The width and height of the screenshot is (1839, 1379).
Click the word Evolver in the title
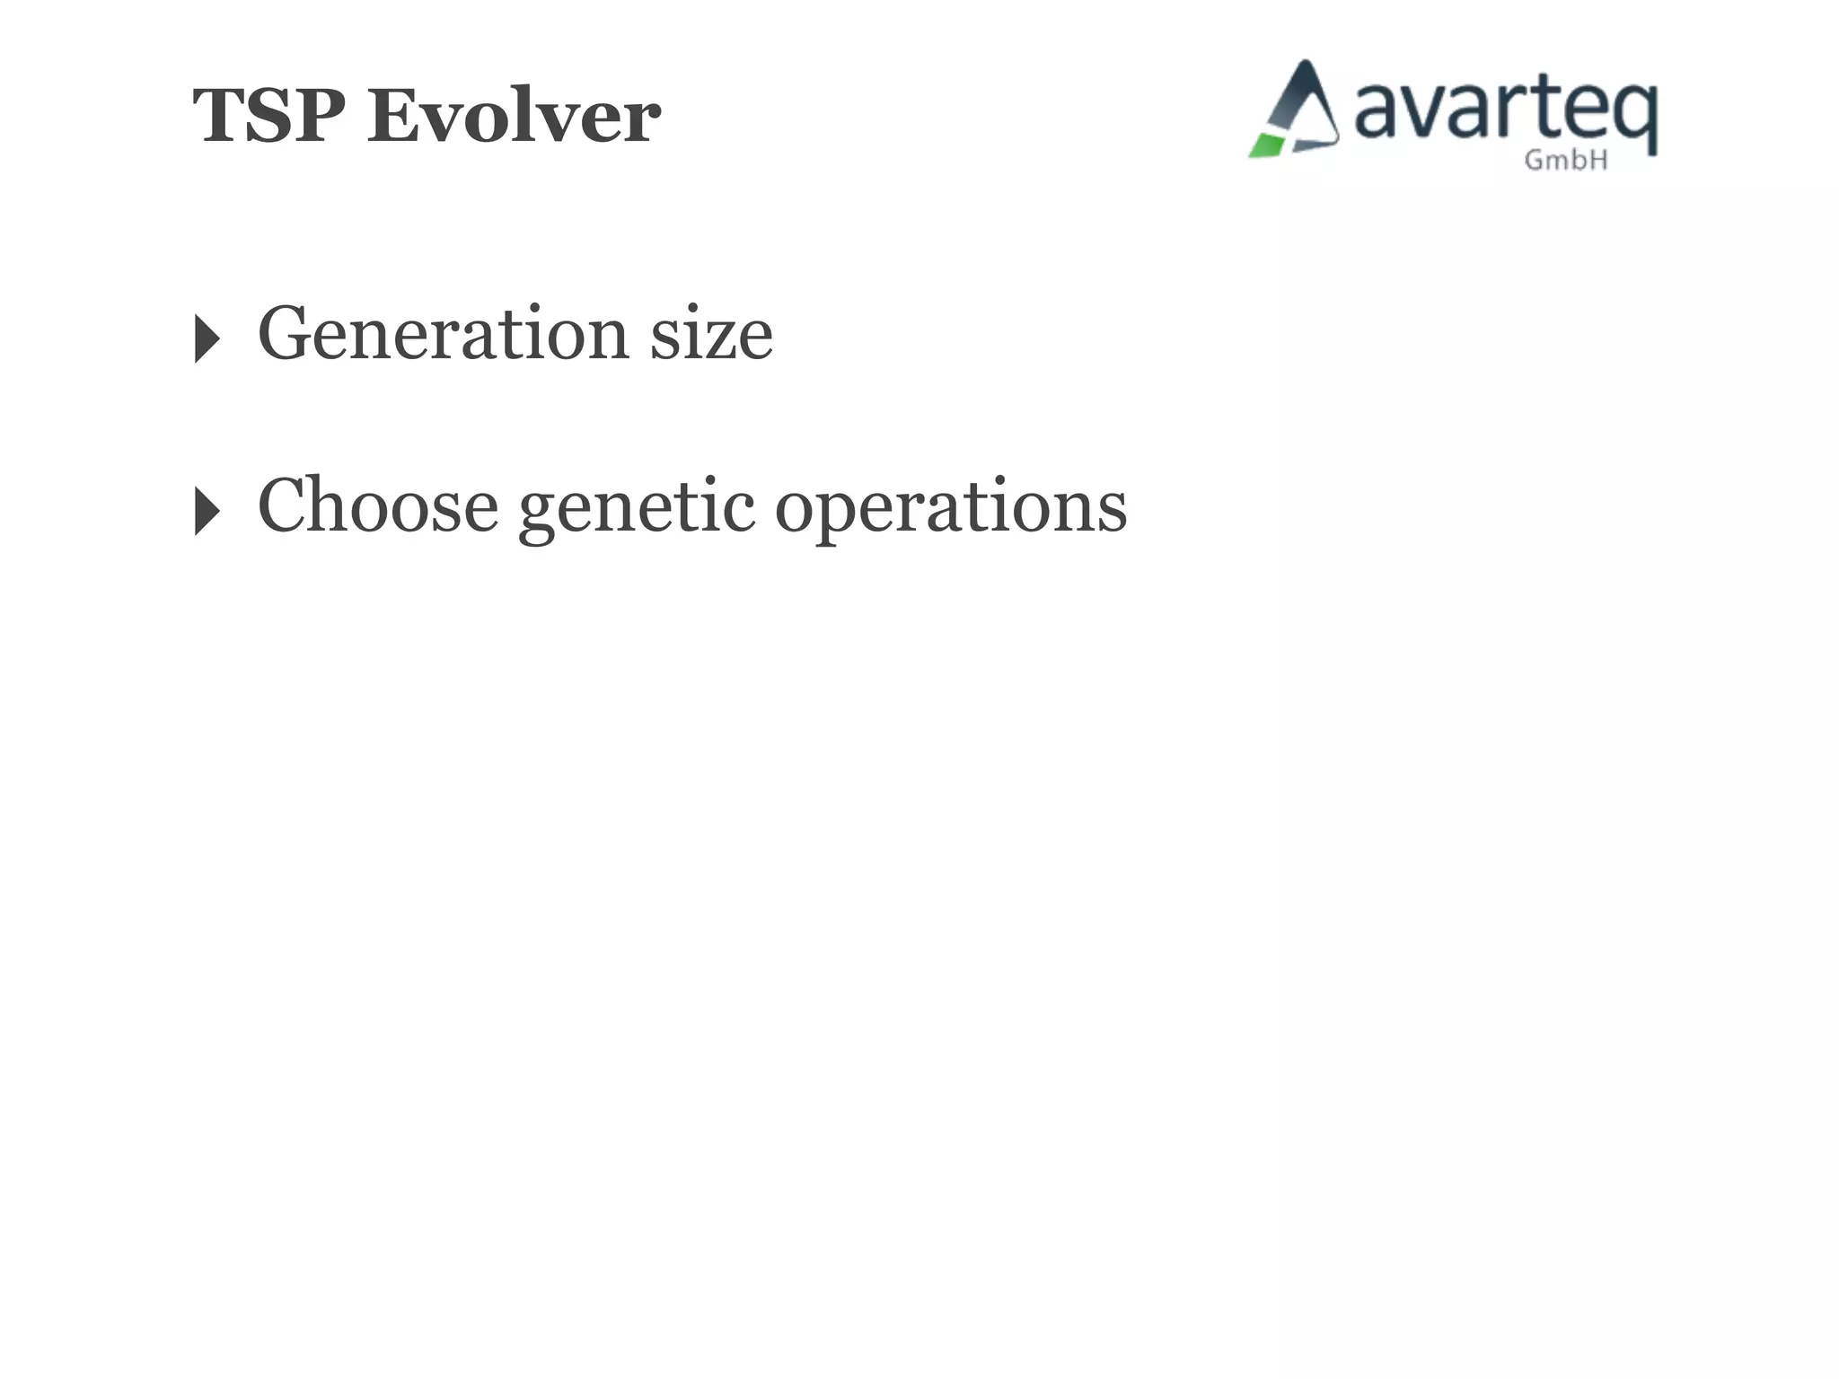tap(514, 116)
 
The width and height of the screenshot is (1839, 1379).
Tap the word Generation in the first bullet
tap(444, 334)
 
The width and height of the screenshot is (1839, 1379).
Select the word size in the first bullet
tap(711, 334)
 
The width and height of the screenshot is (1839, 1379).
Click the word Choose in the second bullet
tap(378, 505)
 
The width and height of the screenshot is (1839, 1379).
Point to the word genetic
tap(637, 508)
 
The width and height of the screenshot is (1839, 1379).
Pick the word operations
tap(951, 508)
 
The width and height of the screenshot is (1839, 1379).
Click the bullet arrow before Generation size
tap(207, 338)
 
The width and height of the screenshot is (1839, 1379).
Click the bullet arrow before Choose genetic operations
tap(207, 511)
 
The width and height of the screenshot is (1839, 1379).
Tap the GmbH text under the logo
tap(1566, 161)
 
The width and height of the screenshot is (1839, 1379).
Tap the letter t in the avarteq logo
tap(1546, 109)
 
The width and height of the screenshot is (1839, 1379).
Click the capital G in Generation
tap(286, 334)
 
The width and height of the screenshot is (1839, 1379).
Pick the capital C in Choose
tap(286, 505)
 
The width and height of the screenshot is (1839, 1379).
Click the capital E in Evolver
tap(395, 116)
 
